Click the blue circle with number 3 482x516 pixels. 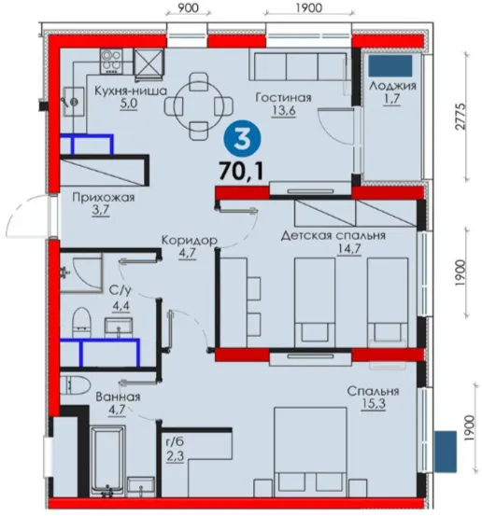click(x=242, y=138)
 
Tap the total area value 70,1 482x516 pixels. click(x=242, y=171)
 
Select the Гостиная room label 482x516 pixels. click(x=283, y=98)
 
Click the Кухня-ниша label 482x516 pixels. click(x=131, y=91)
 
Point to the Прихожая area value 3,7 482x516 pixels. click(x=101, y=210)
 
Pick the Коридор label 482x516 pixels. click(x=190, y=240)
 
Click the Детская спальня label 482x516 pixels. click(x=333, y=236)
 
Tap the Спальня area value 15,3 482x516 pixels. click(x=374, y=404)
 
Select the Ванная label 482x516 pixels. click(x=118, y=397)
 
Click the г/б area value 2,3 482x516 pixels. click(x=175, y=456)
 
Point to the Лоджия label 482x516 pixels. click(x=392, y=86)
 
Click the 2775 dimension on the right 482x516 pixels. click(x=461, y=116)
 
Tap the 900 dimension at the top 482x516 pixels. click(x=189, y=7)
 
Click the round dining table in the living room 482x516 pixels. click(x=199, y=106)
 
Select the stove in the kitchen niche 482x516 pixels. click(x=111, y=62)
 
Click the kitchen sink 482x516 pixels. click(x=74, y=101)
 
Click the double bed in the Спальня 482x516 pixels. click(x=310, y=452)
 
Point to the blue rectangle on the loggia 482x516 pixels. click(x=390, y=66)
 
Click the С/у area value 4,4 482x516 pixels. click(x=121, y=306)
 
